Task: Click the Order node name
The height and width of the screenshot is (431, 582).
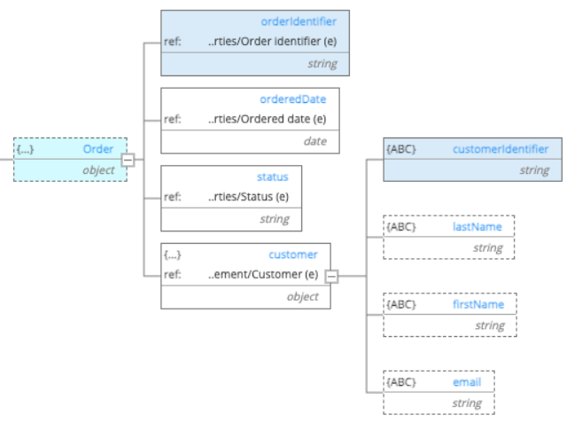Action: point(98,149)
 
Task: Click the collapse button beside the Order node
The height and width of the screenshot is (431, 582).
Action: point(128,160)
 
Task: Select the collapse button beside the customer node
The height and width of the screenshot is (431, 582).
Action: point(331,276)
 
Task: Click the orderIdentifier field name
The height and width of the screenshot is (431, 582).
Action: point(299,21)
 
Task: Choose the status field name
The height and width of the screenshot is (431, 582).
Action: point(273,176)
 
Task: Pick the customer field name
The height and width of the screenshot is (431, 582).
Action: point(292,255)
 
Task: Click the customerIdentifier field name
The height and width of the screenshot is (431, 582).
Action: point(500,149)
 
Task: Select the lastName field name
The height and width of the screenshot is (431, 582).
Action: point(477,226)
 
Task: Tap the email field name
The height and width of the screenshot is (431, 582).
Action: point(466,382)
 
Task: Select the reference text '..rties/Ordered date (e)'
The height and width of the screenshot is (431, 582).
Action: point(267,119)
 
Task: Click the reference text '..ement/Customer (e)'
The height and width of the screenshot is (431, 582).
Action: point(263,274)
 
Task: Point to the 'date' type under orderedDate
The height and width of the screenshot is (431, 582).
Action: point(314,141)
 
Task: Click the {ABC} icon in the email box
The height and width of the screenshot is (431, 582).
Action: point(401,382)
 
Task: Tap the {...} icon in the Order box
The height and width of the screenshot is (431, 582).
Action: point(26,149)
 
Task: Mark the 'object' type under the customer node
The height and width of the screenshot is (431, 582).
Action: point(302,297)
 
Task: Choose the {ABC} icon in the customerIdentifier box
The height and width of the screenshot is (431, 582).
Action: point(401,149)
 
